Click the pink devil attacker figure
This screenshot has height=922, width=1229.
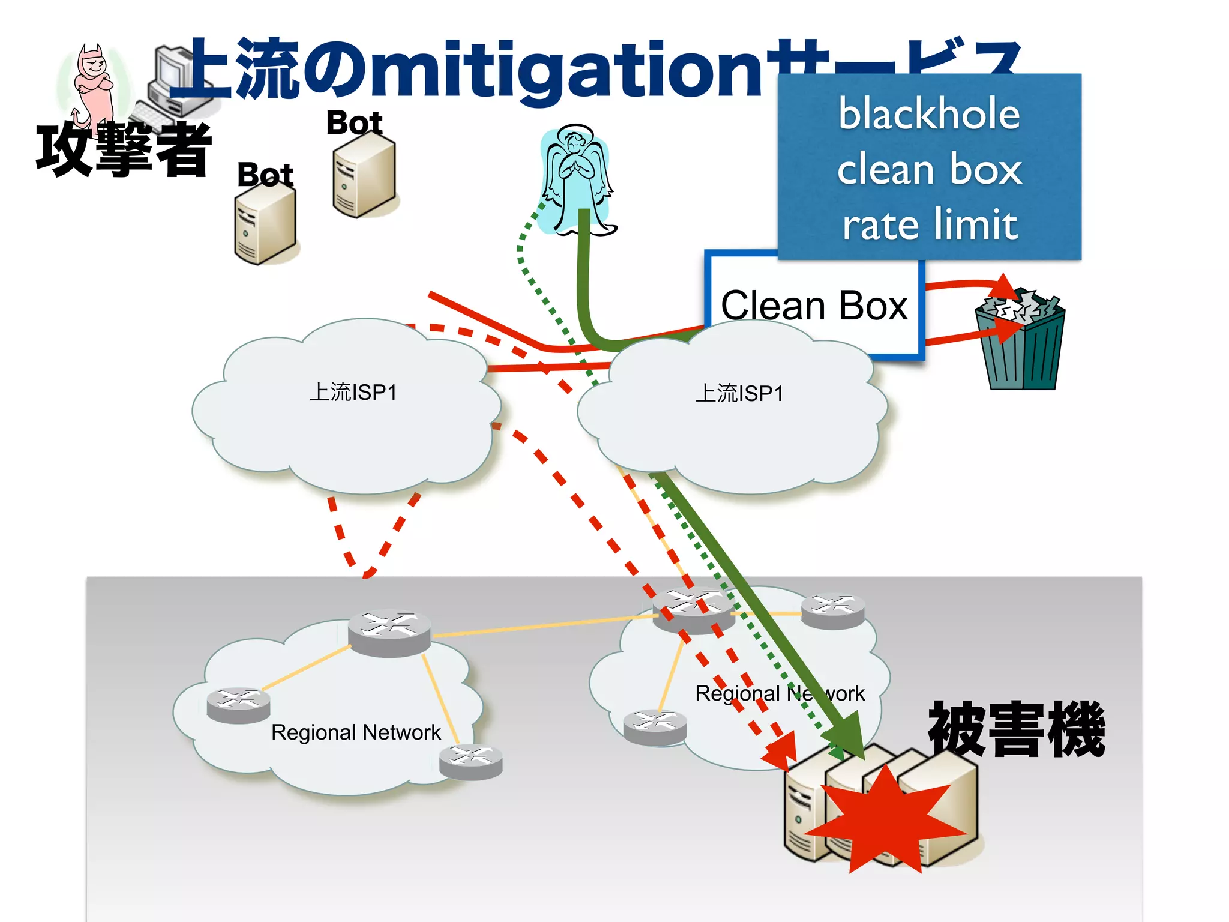pyautogui.click(x=94, y=84)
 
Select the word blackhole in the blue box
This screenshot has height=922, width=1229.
pyautogui.click(x=929, y=114)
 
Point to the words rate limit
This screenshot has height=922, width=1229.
pyautogui.click(x=930, y=225)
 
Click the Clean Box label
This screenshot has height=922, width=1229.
pyautogui.click(x=814, y=306)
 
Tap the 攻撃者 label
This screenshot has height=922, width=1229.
pyautogui.click(x=123, y=150)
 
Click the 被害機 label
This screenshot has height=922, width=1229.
pyautogui.click(x=1017, y=729)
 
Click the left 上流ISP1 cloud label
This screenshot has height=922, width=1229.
pyautogui.click(x=353, y=393)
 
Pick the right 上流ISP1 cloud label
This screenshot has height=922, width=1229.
pyautogui.click(x=739, y=394)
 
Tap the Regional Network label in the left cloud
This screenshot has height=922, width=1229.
pyautogui.click(x=356, y=732)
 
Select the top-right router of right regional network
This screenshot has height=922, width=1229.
pyautogui.click(x=833, y=610)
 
